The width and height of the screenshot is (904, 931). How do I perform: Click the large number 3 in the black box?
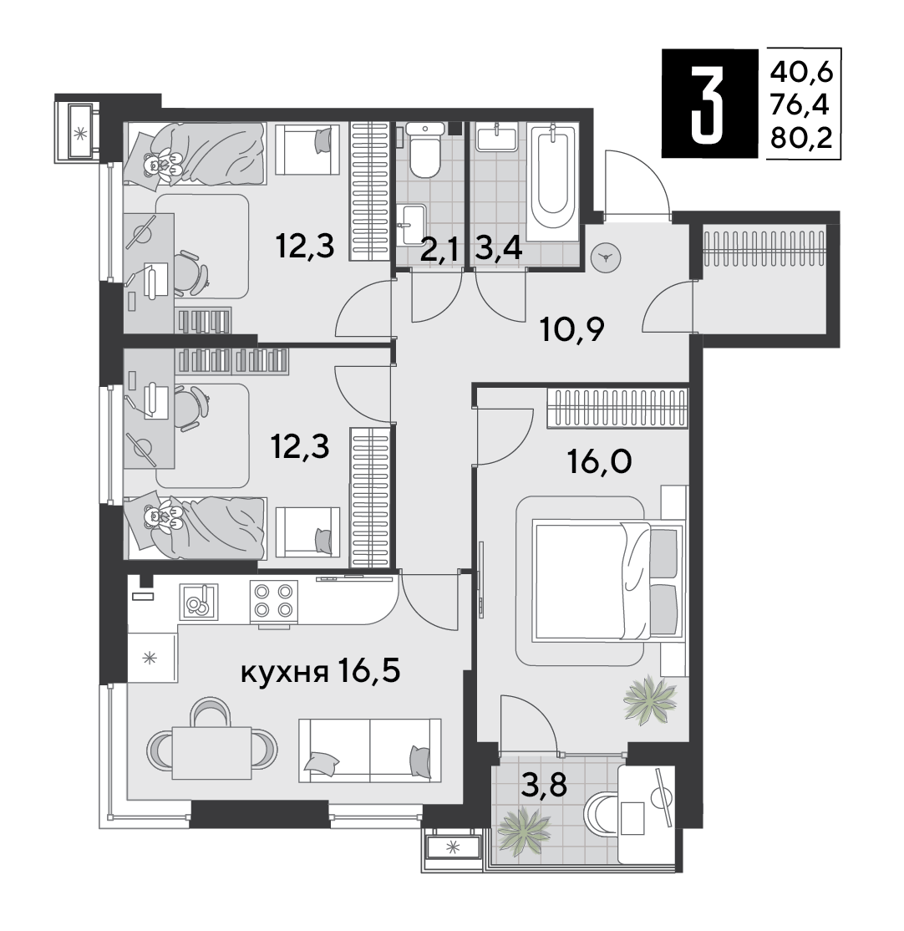tap(708, 104)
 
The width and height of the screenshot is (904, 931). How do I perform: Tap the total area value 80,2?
tap(802, 139)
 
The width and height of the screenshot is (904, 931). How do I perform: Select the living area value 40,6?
tap(802, 73)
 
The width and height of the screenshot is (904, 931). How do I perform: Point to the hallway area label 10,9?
tap(572, 330)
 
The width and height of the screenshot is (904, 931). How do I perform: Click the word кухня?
tap(285, 673)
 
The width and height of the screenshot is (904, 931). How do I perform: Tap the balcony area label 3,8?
tap(544, 786)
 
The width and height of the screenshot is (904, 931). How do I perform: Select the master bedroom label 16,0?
tap(600, 461)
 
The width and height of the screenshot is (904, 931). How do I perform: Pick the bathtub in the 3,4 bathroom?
tap(552, 182)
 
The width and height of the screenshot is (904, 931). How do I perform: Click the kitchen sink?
tap(198, 602)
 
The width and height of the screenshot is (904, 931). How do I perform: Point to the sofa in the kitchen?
tap(370, 750)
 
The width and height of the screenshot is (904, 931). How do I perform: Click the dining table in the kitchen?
tap(211, 752)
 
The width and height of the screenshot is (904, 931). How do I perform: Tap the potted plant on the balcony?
tap(522, 830)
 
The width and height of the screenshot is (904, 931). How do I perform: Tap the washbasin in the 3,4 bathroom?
tap(496, 137)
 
